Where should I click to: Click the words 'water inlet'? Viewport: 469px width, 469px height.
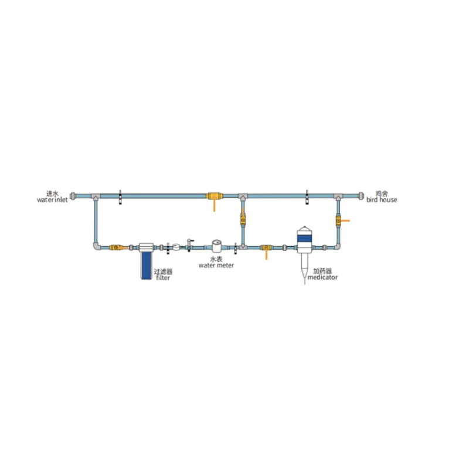pos(52,200)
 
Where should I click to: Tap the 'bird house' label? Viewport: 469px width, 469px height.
pos(382,200)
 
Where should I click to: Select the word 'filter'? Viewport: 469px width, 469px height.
pos(163,278)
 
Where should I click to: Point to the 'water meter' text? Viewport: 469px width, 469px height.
pos(216,266)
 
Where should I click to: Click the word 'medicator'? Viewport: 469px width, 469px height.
pos(322,277)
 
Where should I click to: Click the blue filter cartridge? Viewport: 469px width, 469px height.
pos(146,266)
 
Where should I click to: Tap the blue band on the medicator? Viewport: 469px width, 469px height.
pos(304,239)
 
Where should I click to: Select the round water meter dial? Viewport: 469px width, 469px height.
pos(216,243)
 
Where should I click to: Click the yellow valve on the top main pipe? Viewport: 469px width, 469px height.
pos(214,196)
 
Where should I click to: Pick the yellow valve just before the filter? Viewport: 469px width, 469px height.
pos(116,247)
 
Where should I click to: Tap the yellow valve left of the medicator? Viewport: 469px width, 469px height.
pos(266,247)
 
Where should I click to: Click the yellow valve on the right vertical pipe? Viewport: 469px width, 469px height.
pos(338,221)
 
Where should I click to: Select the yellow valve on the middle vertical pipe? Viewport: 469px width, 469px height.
pos(243,220)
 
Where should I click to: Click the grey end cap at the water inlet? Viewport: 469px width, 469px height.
pos(73,196)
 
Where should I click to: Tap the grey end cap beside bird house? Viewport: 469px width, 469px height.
pos(361,196)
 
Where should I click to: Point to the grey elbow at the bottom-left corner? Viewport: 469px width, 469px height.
pos(96,246)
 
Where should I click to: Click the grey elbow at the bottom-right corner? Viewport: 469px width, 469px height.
pos(337,247)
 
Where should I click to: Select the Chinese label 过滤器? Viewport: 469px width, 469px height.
pos(163,271)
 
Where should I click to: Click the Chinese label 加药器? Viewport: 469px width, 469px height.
pos(322,271)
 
